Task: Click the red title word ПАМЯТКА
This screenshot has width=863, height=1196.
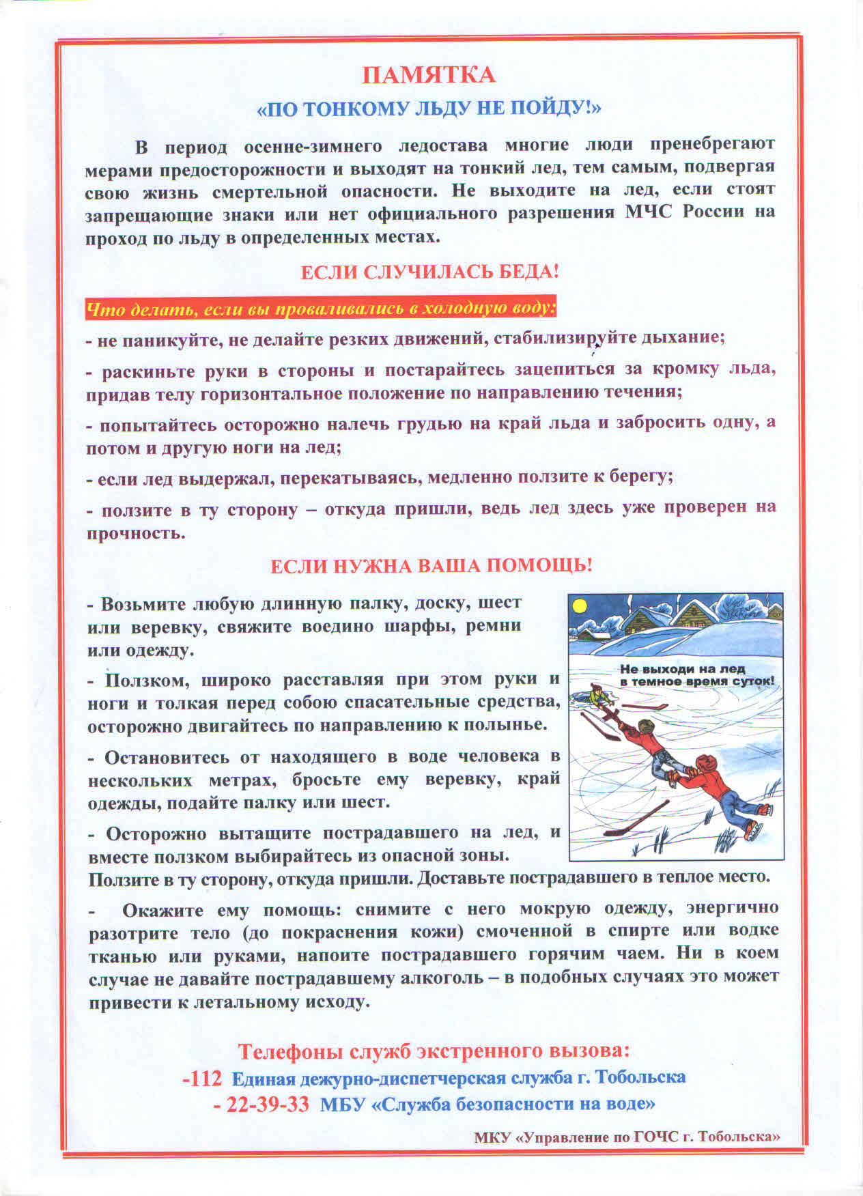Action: (x=428, y=74)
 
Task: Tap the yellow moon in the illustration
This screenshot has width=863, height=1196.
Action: (x=579, y=606)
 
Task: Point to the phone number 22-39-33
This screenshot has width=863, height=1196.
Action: (x=261, y=1105)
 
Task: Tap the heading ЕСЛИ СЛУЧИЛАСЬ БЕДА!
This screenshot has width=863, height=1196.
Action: (x=430, y=272)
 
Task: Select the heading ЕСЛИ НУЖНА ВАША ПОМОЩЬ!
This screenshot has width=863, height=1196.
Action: (x=431, y=566)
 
